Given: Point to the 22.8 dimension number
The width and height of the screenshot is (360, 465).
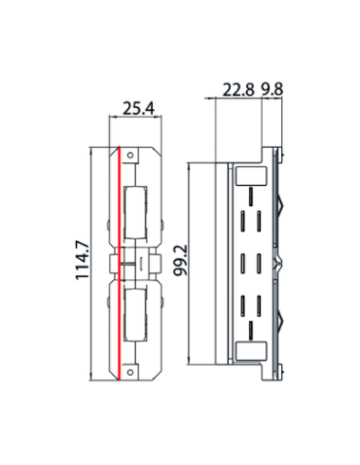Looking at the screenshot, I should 237,89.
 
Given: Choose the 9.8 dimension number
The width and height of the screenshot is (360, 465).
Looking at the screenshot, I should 271,89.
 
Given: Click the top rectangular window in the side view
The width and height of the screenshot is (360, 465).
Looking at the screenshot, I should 251,176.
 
